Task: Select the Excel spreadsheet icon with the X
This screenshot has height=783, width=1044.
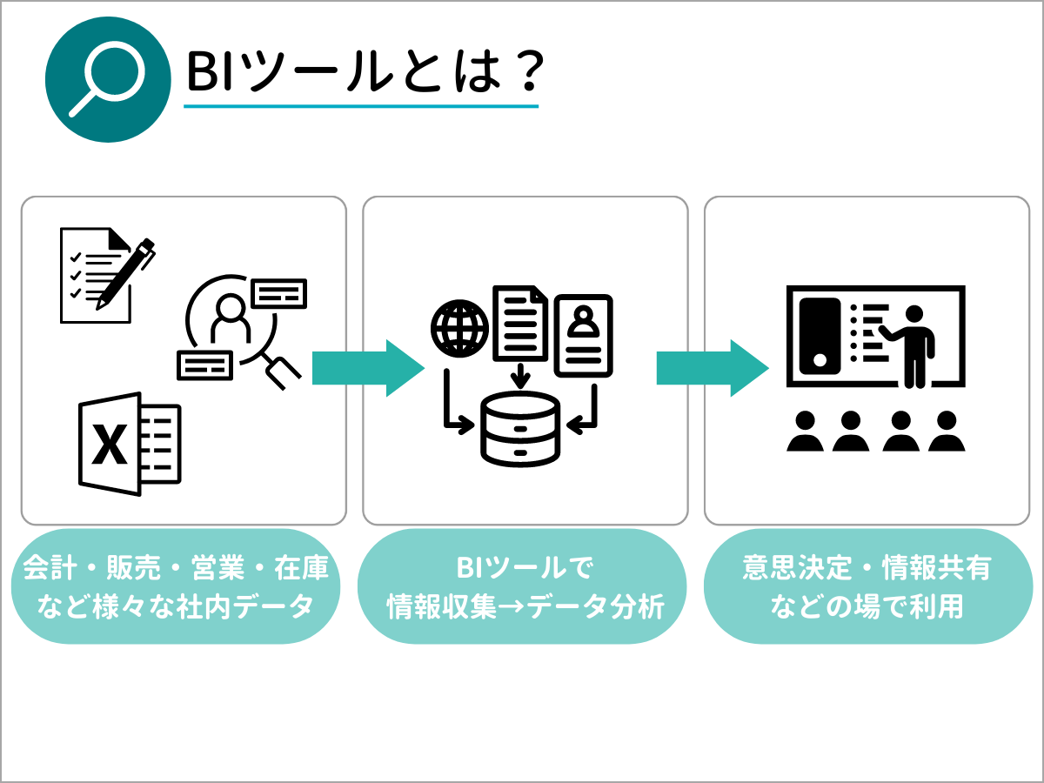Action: coord(129,444)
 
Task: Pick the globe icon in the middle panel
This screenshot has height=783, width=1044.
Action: coord(458,328)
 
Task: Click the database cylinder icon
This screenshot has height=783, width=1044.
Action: coord(520,428)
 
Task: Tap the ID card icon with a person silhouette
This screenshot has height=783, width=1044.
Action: coord(584,335)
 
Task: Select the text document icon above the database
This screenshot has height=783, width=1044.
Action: coord(520,322)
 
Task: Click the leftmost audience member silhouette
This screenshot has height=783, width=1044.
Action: coord(806,432)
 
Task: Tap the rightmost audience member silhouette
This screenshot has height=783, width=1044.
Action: coord(947,432)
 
